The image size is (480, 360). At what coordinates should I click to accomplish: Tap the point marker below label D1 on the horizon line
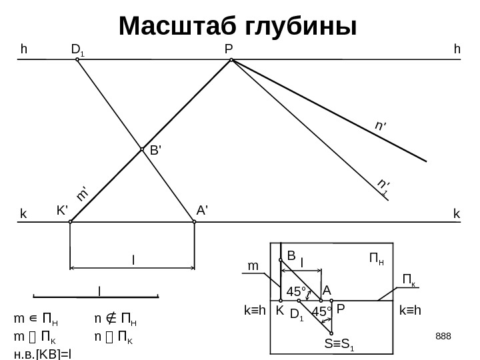click(77, 59)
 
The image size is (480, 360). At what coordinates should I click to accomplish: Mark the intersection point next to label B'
click(142, 150)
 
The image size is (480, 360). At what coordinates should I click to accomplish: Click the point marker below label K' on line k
click(70, 223)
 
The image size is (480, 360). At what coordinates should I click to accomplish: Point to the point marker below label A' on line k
click(193, 223)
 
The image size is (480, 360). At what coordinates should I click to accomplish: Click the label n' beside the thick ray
click(381, 125)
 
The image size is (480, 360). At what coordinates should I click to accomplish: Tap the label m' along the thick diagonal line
click(83, 193)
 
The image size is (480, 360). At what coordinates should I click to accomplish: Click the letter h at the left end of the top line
click(24, 49)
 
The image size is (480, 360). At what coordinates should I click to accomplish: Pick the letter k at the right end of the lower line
click(457, 214)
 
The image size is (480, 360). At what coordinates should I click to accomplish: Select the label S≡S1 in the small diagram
click(339, 345)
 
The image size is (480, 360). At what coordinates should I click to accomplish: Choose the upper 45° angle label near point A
click(296, 291)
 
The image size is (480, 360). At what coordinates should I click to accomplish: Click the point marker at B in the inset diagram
click(281, 261)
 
